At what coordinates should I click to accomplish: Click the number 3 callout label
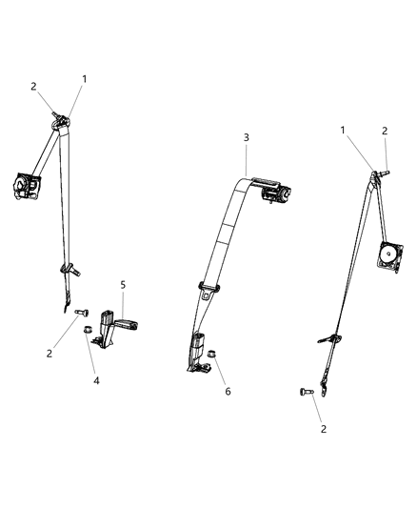pos(246,137)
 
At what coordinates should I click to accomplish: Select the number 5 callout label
pos(123,284)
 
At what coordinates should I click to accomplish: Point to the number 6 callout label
pos(228,391)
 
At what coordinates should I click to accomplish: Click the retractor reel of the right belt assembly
pos(391,254)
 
